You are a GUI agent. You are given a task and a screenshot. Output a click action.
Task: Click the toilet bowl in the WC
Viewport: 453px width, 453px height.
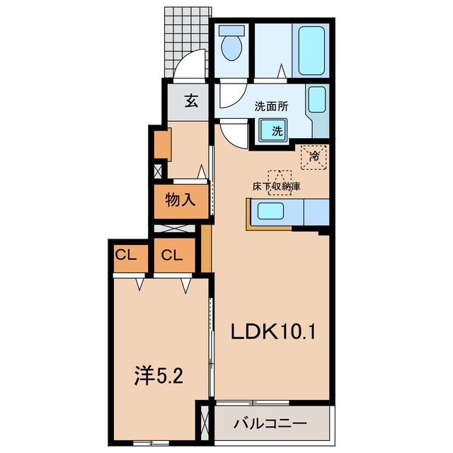coord(231,48)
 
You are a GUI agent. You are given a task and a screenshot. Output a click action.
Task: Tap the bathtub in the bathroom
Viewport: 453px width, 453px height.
coord(311,50)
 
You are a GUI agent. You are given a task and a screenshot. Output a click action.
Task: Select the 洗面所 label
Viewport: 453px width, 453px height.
coord(271,107)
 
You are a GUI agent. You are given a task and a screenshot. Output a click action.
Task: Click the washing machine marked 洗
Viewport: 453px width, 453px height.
coord(273,130)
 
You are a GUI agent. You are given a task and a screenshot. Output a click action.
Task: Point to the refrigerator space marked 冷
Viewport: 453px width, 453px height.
coord(314,157)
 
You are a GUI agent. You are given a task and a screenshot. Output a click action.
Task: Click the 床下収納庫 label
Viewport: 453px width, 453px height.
coord(277,186)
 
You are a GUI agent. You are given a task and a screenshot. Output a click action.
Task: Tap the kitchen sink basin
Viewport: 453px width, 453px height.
coord(270,211)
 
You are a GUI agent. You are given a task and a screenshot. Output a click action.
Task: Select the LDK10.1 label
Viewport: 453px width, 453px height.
coord(273,332)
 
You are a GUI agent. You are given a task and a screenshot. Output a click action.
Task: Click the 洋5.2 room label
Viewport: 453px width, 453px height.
coord(159,376)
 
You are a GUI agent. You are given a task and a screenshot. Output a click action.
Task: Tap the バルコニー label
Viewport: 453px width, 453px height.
coord(270,424)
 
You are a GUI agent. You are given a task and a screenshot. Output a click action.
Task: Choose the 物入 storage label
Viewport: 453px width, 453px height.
coord(180,200)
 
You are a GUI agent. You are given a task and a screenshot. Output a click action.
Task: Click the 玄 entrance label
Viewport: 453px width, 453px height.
coord(191,101)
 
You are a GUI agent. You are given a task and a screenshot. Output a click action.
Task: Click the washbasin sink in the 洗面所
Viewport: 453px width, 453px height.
coord(317,99)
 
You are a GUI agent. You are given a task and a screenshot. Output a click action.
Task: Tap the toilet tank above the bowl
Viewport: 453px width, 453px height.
coord(231,30)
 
